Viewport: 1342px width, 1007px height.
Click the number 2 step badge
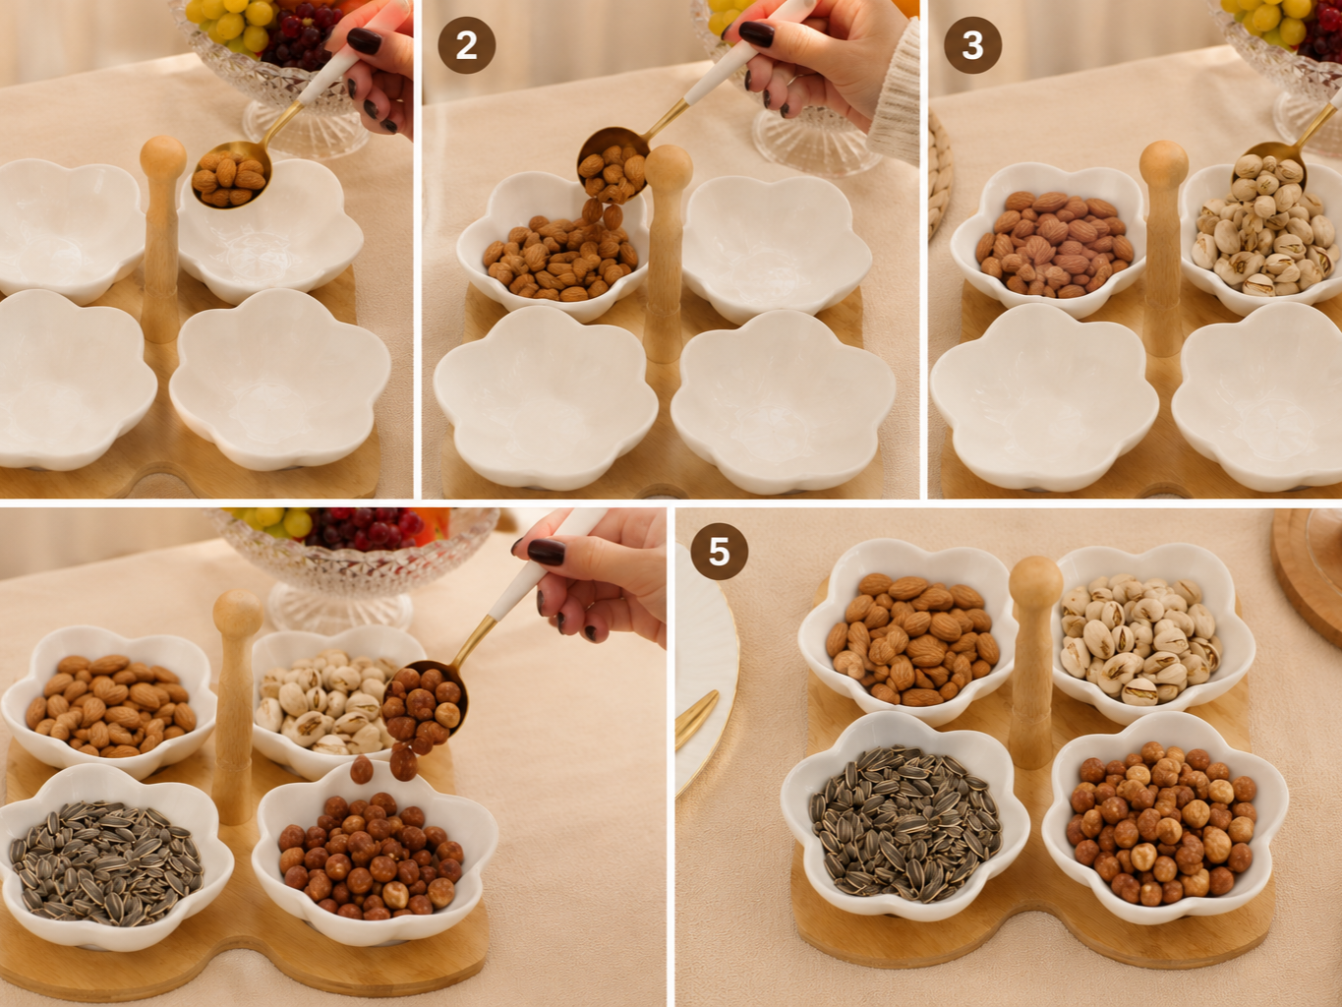point(466,45)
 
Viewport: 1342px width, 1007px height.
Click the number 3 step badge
point(972,45)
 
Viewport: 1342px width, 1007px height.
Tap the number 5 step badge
point(719,552)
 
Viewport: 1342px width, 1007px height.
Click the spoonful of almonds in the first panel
point(230,177)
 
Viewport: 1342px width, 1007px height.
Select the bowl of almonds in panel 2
point(553,248)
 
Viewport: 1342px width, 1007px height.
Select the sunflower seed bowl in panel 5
point(904,823)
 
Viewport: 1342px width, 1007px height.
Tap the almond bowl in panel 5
point(907,632)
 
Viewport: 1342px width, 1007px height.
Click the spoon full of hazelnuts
point(425,702)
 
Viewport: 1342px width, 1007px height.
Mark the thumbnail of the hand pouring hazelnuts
point(546,552)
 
